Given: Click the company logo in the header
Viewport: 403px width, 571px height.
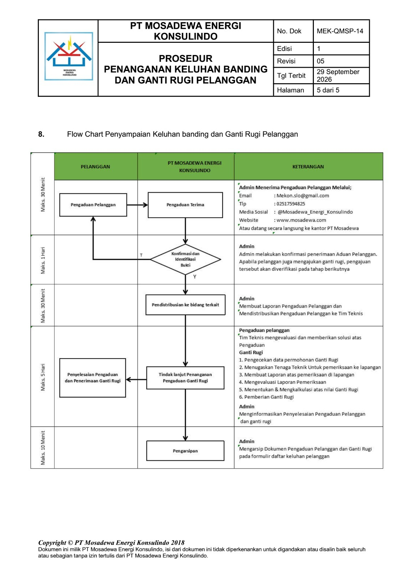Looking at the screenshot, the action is point(68,56).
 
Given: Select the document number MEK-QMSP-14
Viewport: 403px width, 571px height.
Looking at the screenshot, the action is point(340,31).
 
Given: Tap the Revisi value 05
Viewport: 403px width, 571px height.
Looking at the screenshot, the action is point(320,61).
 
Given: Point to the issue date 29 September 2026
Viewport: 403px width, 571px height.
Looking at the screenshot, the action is point(338,75).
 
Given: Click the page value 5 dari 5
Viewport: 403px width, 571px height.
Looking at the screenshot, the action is point(328,90).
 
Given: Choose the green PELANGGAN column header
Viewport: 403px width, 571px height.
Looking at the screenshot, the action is point(96,166).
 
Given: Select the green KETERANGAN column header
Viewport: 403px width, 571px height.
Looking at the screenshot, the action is point(308,166).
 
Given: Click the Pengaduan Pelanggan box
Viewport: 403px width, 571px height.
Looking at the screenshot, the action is point(93,205).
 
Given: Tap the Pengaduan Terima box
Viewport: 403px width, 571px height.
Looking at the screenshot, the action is point(185,205).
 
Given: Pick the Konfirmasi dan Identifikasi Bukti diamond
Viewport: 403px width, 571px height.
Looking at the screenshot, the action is point(185,259).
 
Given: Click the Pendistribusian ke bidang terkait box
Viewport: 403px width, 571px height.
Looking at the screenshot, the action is point(185,305).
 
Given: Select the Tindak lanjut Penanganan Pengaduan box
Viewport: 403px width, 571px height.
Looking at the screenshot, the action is point(185,378).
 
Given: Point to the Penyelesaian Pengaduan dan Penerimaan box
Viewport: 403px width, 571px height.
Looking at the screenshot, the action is point(92,378).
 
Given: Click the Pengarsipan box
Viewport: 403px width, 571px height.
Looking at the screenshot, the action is point(185,451).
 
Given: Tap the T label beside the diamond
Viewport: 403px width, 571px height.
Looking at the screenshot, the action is point(141,255).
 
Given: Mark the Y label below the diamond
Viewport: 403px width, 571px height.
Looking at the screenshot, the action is point(195,277).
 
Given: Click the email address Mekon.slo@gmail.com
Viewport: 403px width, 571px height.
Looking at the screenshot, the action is point(303,196).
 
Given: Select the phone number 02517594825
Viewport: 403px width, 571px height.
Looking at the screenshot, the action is point(291,204).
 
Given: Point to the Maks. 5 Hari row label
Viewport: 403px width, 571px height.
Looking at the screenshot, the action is point(43,377).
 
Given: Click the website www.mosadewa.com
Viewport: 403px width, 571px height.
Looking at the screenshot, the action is point(301,220).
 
